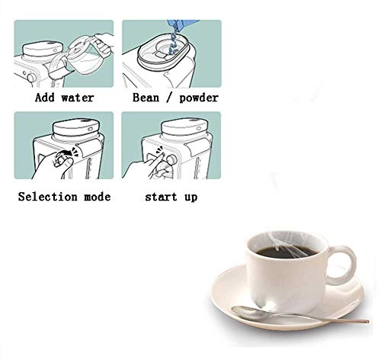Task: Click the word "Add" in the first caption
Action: pos(45,98)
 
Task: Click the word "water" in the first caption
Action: pos(78,98)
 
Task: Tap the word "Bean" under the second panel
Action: pos(146,98)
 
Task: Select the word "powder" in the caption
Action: pos(199,98)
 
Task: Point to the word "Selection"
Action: pos(47,197)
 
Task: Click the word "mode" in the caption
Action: pos(98,197)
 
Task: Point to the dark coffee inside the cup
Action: pos(287,251)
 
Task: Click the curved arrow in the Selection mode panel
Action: pos(63,153)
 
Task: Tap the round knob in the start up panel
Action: pos(171,159)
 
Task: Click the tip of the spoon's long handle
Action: pos(367,322)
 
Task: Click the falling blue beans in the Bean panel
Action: pos(174,43)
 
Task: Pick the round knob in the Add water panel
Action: pos(31,78)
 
